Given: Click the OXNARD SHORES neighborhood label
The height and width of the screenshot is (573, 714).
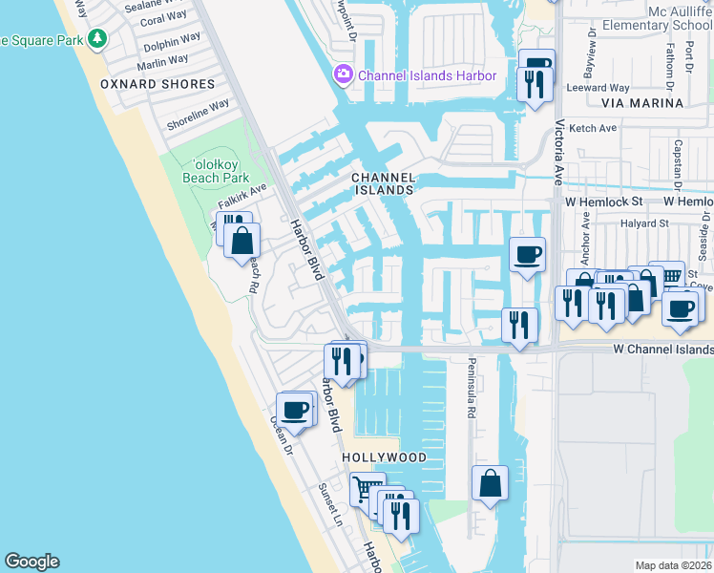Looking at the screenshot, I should point(157,84).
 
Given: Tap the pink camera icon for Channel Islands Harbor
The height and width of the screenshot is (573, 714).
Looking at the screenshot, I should point(342,74).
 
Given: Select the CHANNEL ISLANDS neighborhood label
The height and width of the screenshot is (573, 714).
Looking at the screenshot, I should point(384,183).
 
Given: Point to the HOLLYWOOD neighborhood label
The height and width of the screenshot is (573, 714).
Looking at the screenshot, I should point(385,457).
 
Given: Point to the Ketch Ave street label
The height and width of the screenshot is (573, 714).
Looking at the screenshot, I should point(595,127).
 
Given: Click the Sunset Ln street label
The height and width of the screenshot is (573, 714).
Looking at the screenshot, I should point(329,505).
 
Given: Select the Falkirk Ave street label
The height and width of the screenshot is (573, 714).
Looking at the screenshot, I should point(240,200).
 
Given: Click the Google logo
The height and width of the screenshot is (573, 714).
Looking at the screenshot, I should point(31,562).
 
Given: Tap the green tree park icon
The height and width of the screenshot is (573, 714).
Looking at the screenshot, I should point(96,38).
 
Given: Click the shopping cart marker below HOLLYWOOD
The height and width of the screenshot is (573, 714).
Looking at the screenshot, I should point(366,489).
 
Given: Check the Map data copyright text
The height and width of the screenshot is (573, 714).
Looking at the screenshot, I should point(674,565).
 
